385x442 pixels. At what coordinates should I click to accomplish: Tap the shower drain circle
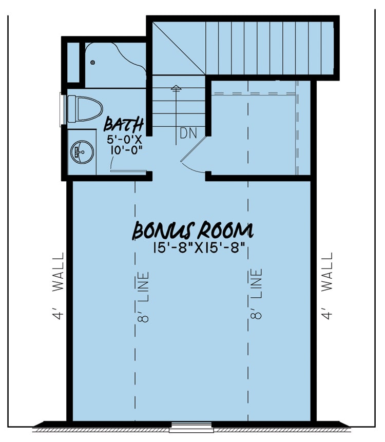tap(93, 62)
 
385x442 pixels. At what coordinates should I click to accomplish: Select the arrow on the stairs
tap(176, 90)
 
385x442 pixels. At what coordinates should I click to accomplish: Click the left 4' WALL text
tap(59, 285)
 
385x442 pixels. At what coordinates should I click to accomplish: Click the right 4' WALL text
tap(327, 285)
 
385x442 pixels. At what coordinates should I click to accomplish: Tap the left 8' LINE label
tap(144, 296)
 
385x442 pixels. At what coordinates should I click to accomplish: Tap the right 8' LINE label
tap(257, 294)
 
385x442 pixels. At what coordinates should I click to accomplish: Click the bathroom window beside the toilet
tap(63, 109)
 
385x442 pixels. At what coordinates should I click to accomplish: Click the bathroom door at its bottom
tap(128, 170)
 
